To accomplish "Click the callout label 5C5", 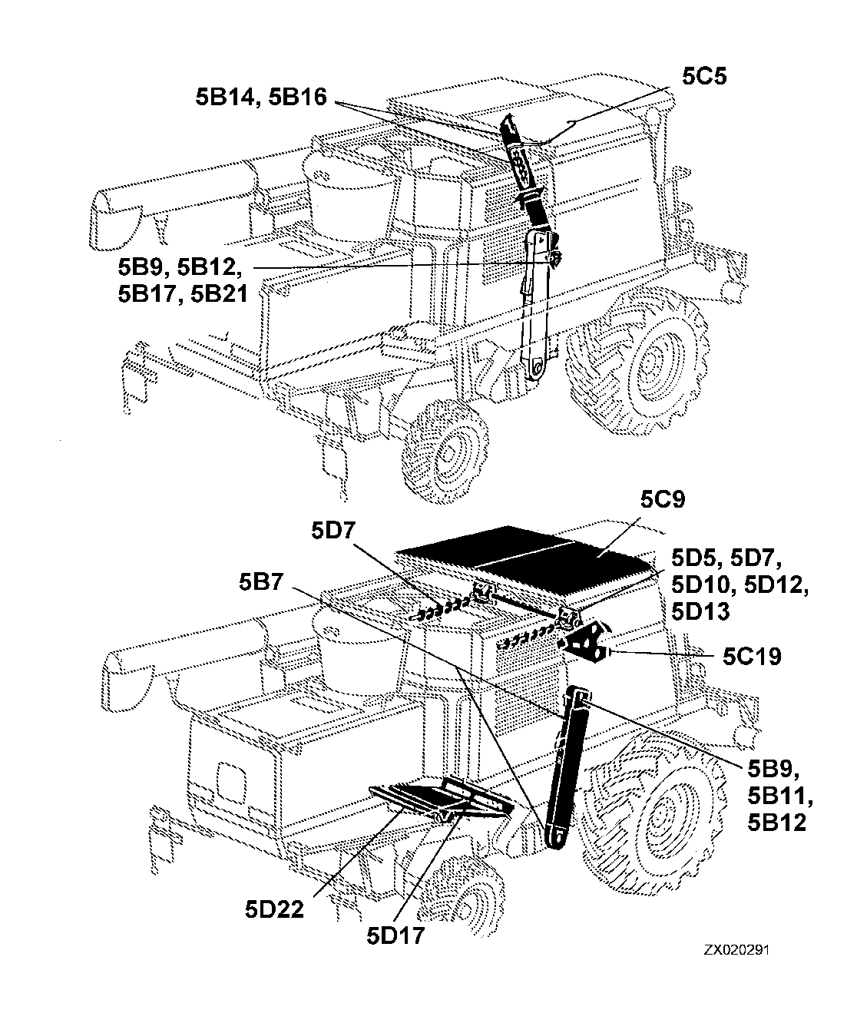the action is tap(704, 76).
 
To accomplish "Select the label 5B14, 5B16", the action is tap(261, 97).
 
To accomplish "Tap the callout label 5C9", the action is tap(663, 499).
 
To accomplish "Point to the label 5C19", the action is tap(752, 657).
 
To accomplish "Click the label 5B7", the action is tap(261, 582).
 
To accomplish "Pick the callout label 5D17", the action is tap(395, 936).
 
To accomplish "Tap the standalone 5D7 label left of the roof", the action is tap(333, 531).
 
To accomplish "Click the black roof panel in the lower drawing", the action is tap(524, 554).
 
